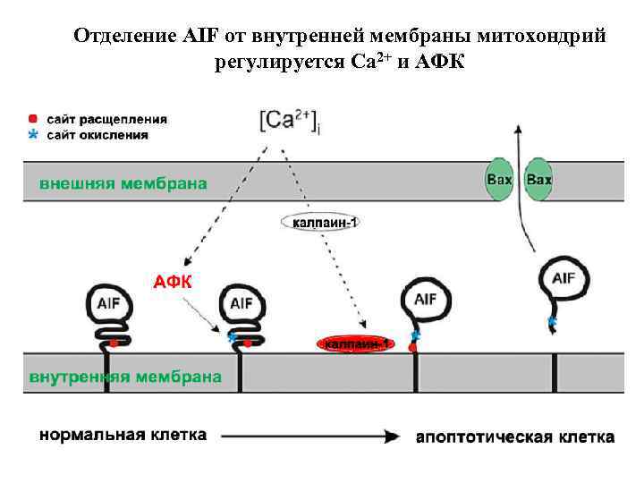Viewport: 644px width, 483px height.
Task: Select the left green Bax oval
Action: tap(499, 180)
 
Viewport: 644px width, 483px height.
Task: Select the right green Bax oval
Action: tap(538, 180)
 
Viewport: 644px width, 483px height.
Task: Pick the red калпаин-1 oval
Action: tap(355, 343)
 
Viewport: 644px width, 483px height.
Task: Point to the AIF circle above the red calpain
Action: tap(425, 299)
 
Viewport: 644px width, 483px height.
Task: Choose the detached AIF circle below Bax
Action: tap(563, 279)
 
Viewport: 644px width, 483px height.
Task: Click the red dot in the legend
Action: tap(33, 118)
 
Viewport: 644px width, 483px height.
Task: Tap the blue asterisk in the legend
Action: tap(33, 134)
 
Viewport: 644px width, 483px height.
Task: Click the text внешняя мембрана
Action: tap(123, 183)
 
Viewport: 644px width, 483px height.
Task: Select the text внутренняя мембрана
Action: tap(125, 377)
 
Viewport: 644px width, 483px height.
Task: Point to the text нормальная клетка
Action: tap(123, 436)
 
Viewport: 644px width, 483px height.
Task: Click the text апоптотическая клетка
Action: tap(515, 437)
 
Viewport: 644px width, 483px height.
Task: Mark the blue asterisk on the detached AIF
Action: tap(551, 320)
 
